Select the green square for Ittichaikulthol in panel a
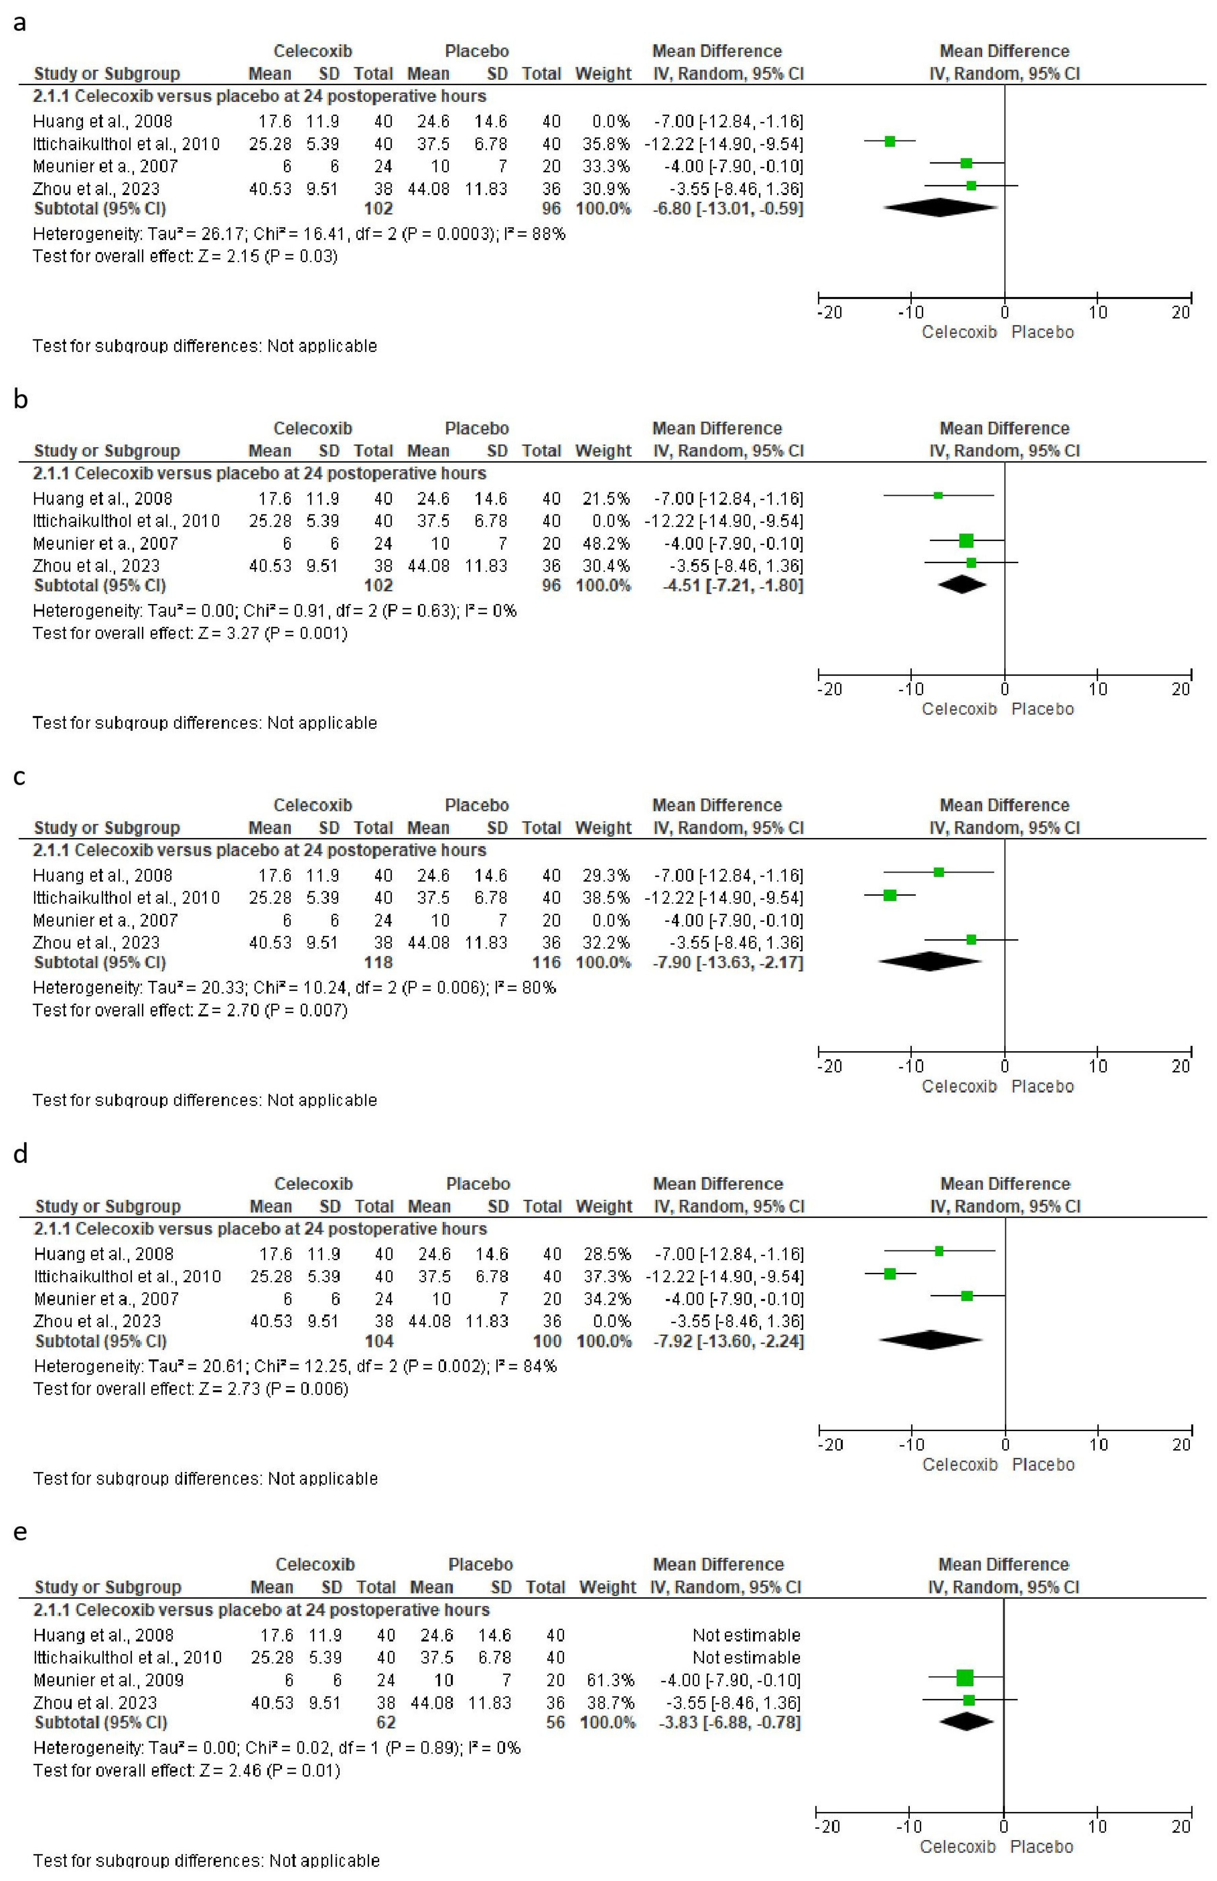coord(890,142)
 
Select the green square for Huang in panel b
coord(938,496)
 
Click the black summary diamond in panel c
coord(930,962)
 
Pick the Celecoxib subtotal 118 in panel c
coord(378,962)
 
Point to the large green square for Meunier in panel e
coord(965,1678)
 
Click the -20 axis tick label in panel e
coord(828,1826)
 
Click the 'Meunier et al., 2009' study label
coord(108,1680)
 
